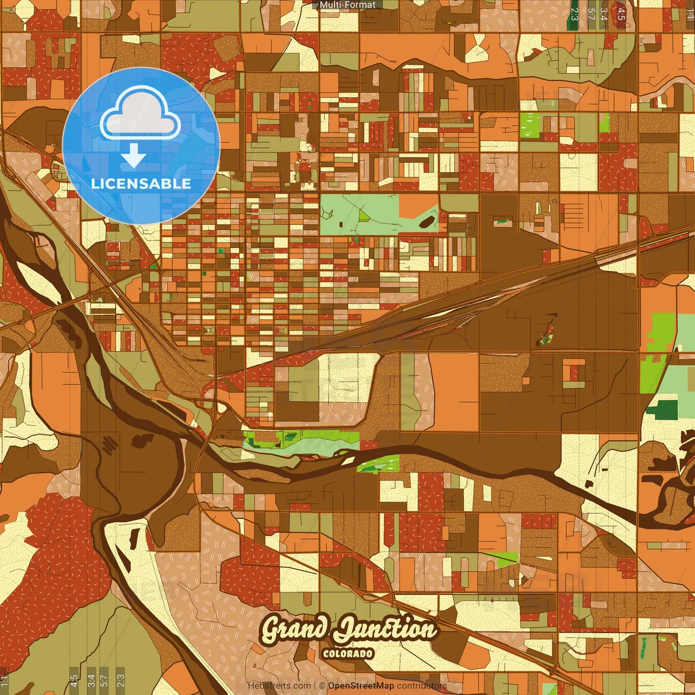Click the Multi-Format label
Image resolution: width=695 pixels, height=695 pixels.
[347, 5]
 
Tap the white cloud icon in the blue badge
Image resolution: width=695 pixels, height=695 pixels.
[140, 115]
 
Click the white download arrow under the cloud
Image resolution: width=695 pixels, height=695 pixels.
[134, 156]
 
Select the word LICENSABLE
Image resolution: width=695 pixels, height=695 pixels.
[141, 184]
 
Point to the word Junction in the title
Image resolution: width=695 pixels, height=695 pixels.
[386, 630]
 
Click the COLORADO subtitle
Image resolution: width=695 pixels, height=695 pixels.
[348, 653]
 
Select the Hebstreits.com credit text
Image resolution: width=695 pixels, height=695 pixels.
[279, 686]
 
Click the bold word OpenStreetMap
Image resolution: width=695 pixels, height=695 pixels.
[361, 686]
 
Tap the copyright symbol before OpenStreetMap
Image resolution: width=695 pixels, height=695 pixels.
[322, 686]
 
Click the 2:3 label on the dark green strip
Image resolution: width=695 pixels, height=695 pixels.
[574, 14]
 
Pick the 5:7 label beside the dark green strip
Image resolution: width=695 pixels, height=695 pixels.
[591, 14]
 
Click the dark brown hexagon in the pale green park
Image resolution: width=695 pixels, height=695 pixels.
[427, 221]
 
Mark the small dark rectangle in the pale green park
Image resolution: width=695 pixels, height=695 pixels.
[341, 224]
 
